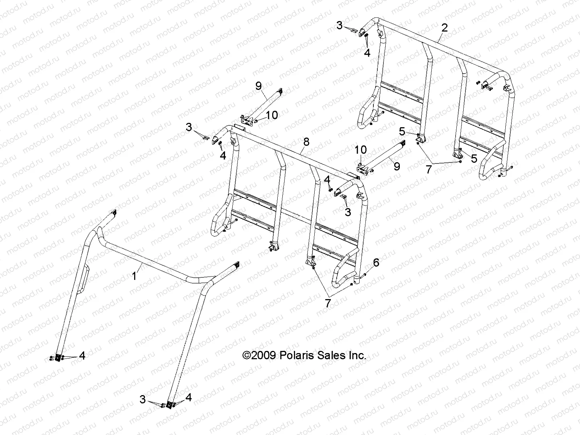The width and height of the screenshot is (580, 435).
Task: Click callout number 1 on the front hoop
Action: coord(134,276)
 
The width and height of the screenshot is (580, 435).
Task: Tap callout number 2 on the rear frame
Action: coord(445,28)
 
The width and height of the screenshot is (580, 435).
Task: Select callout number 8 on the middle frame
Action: coord(306,142)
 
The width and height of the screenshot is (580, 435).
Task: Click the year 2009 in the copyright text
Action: coord(265,355)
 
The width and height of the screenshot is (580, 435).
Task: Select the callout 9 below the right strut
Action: coord(397,166)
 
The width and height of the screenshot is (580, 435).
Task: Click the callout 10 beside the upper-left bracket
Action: coord(272,115)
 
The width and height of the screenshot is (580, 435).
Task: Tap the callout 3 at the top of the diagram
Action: coord(339,25)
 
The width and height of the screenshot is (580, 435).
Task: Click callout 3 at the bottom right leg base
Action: coord(143,400)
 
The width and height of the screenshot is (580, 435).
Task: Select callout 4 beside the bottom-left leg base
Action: coord(82,356)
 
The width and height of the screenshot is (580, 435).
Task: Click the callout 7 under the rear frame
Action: coord(429,169)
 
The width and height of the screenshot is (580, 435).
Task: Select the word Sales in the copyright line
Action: coord(331,355)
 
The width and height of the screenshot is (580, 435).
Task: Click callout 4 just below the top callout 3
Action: coord(367,53)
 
